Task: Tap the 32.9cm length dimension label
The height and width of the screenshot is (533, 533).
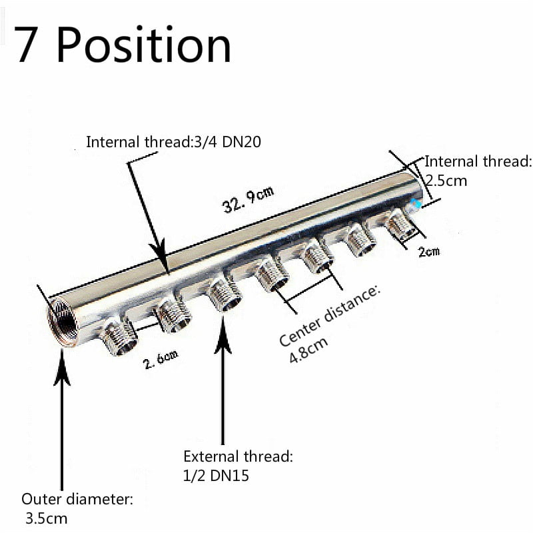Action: click(x=248, y=199)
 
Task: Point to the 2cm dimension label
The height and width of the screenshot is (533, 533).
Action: click(x=428, y=252)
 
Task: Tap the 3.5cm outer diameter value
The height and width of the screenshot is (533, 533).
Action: click(x=47, y=518)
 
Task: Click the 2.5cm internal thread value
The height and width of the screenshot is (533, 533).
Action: click(x=446, y=180)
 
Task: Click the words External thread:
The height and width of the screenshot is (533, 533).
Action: click(x=238, y=457)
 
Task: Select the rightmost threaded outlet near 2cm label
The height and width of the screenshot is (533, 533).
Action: click(x=402, y=224)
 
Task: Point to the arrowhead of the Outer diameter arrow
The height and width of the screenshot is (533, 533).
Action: click(x=62, y=373)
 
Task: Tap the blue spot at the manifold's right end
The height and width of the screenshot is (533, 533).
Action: click(x=416, y=205)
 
